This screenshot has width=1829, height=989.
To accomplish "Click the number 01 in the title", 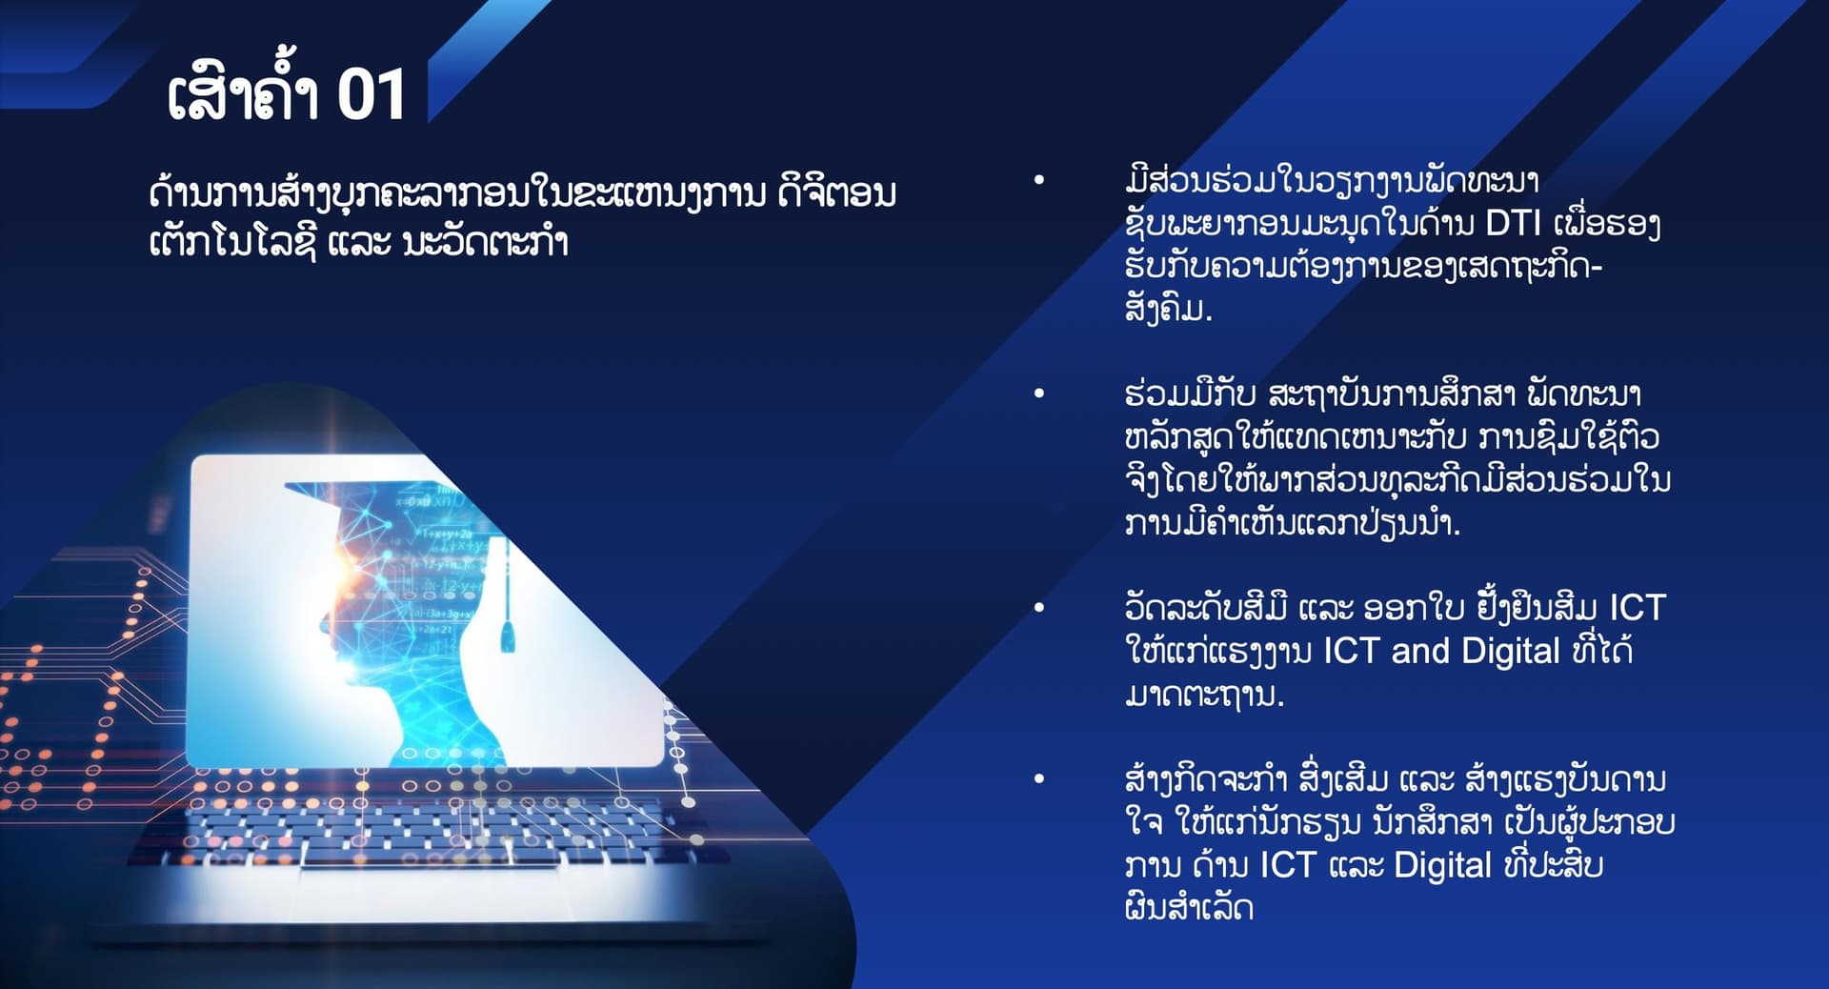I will coord(372,95).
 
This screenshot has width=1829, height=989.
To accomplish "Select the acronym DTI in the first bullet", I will coord(1514,223).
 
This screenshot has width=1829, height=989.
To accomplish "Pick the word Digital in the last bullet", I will coord(1442,865).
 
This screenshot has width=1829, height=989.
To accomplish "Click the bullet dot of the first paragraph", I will coord(1039,180).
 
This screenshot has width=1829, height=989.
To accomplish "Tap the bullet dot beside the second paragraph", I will coord(1039,394).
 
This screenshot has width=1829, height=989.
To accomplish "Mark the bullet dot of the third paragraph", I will coord(1039,608).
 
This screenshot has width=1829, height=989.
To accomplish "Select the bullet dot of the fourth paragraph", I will coord(1039,779).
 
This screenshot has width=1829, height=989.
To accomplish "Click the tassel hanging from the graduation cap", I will coord(507,624).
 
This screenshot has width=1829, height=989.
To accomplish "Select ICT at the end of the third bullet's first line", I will coord(1637,608).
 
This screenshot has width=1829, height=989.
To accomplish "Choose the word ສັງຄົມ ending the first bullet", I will coord(1167,309).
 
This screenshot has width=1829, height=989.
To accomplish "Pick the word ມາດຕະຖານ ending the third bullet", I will coord(1203,695).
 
